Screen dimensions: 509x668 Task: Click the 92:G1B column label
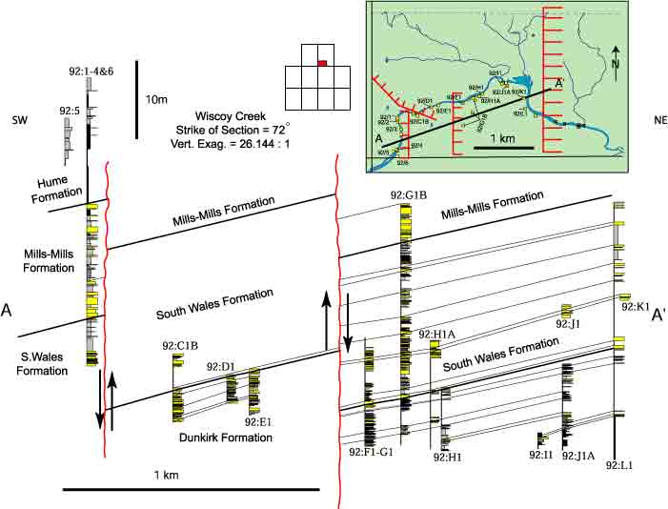tap(407, 196)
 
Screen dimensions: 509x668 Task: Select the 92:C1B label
tap(180, 346)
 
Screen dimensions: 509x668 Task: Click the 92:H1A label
tap(436, 335)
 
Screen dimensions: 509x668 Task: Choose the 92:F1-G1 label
tap(371, 451)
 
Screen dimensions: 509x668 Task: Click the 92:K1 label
tap(636, 307)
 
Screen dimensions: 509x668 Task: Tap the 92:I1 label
tap(541, 456)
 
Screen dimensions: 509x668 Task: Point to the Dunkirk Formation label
tap(225, 438)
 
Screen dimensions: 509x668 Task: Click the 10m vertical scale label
tap(156, 99)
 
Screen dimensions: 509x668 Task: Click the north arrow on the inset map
tap(617, 59)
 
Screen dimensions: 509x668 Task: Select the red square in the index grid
tap(323, 63)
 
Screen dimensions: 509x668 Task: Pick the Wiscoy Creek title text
tap(229, 113)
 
